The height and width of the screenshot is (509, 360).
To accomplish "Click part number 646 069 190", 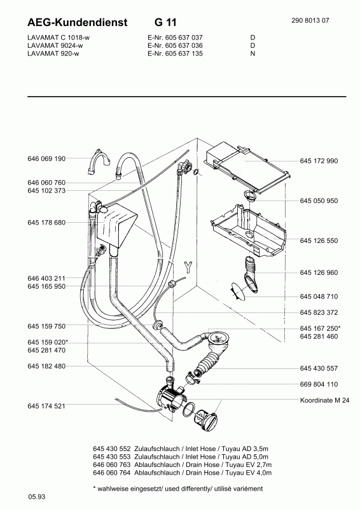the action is pyautogui.click(x=46, y=158).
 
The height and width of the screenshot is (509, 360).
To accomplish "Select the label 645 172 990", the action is pyautogui.click(x=319, y=161).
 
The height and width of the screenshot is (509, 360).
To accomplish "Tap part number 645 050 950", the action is pyautogui.click(x=319, y=201).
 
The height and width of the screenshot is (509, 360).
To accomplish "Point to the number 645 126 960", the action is pyautogui.click(x=319, y=273).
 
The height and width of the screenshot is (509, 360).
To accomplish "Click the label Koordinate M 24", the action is pyautogui.click(x=324, y=400).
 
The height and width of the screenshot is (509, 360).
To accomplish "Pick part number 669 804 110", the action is pyautogui.click(x=319, y=384).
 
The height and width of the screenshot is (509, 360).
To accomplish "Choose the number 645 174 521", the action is pyautogui.click(x=46, y=406).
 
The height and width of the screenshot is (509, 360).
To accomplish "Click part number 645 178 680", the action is pyautogui.click(x=46, y=223).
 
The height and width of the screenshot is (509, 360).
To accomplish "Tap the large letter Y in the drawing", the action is pyautogui.click(x=188, y=267).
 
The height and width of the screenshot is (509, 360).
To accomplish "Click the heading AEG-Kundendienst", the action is pyautogui.click(x=77, y=22).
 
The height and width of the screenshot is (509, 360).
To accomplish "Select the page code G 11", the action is pyautogui.click(x=165, y=22).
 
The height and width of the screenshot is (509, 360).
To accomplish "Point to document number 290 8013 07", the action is pyautogui.click(x=310, y=20).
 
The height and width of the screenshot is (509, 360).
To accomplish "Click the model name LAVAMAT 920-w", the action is pyautogui.click(x=53, y=53).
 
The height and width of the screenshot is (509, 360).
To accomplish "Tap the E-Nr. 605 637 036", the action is pyautogui.click(x=175, y=45).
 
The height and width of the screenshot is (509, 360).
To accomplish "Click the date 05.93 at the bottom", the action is pyautogui.click(x=37, y=497).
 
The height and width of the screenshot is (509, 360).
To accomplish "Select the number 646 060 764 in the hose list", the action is pyautogui.click(x=112, y=473).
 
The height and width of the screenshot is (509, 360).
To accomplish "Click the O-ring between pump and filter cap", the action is pyautogui.click(x=189, y=410).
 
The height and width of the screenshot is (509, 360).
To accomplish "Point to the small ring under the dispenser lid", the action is pyautogui.click(x=249, y=195).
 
